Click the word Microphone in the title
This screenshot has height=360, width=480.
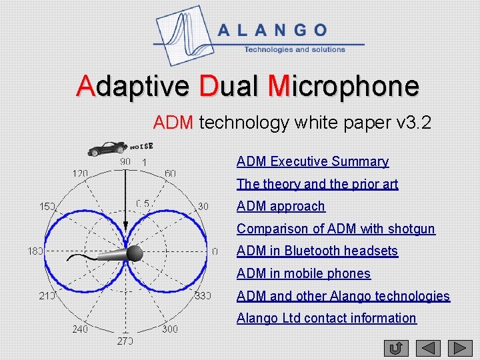[x=343, y=87]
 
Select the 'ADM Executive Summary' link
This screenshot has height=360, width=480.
[x=312, y=161]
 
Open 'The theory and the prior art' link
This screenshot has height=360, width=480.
[x=317, y=184]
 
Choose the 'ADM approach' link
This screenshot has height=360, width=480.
[x=281, y=206]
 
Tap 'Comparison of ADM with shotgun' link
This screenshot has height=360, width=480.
[x=335, y=229]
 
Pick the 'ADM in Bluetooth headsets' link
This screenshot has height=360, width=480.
[x=317, y=251]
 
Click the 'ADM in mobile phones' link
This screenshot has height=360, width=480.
[x=303, y=273]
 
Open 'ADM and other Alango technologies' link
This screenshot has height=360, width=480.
[x=343, y=296]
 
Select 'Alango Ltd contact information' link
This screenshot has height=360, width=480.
[x=326, y=318]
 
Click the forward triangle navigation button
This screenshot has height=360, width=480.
[x=460, y=348]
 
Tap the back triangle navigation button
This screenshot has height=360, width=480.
[x=429, y=348]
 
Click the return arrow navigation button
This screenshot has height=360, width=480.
[x=396, y=348]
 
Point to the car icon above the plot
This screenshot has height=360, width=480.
[x=108, y=148]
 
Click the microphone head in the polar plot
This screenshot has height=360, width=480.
[x=134, y=253]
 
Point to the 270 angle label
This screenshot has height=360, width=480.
[x=125, y=341]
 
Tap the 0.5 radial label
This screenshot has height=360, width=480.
[x=142, y=203]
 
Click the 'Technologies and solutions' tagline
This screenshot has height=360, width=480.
[x=295, y=49]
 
